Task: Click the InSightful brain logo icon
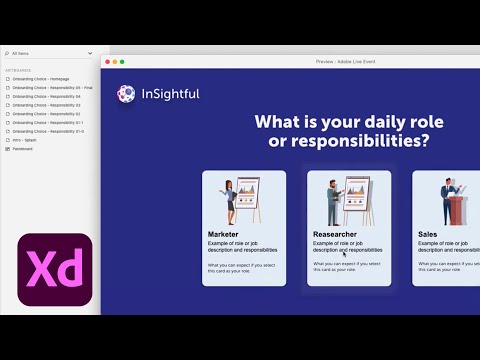point(126,94)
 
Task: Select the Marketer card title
point(223,234)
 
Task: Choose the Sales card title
point(428,234)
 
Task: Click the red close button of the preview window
point(109,62)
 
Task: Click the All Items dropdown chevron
point(90,53)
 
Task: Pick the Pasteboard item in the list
point(23,149)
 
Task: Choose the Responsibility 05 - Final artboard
point(50,88)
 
